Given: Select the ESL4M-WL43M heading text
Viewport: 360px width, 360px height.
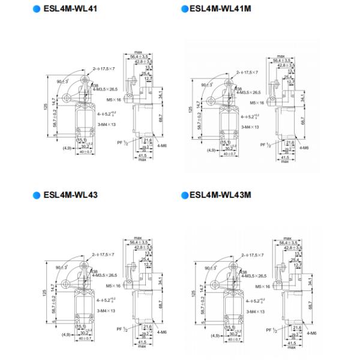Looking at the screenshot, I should [x=221, y=194].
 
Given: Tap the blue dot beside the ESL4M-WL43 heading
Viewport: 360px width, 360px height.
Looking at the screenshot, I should [x=37, y=195].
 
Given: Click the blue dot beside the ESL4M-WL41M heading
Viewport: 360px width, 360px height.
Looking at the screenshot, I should [x=184, y=10].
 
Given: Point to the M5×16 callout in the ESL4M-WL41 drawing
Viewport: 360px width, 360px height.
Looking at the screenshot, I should [x=115, y=100].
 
